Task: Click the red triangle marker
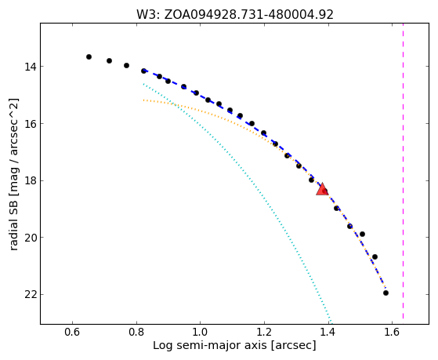pos(322,189)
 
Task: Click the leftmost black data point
pos(89,56)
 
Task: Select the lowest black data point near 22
pos(386,293)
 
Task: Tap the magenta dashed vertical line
pos(403,171)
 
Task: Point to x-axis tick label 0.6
pos(72,333)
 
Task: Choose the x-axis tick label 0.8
pos(136,333)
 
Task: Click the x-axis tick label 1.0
pos(201,333)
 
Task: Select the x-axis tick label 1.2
pos(264,333)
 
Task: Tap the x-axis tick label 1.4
pos(328,333)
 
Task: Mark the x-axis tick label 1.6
pos(392,333)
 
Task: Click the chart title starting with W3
pos(234,14)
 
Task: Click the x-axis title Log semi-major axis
pos(234,346)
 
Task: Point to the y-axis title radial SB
pos(14,174)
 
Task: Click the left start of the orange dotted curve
pos(143,100)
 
